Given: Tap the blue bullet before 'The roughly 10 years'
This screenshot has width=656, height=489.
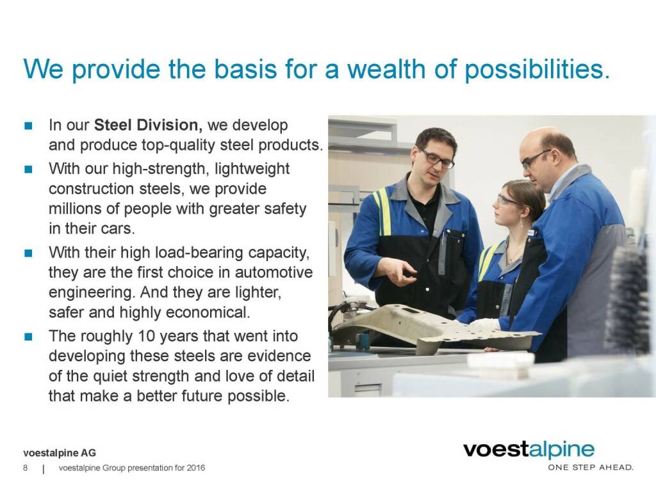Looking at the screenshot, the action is coord(28,337).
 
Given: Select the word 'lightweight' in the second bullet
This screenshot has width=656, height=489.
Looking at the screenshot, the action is coord(252,169).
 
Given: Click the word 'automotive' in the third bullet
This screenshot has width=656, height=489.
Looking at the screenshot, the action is coord(274,273).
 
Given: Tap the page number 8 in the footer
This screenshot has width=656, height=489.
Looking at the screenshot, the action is coord(26,468).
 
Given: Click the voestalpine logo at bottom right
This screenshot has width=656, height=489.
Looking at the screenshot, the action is coord(529,450).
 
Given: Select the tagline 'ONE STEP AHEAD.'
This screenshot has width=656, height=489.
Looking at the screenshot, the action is coord(590,467).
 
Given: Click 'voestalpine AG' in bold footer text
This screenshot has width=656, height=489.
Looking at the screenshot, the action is coord(60,453).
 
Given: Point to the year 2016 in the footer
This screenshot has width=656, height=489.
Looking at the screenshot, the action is coord(196,468).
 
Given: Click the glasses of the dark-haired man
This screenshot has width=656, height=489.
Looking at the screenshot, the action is coord(436,157).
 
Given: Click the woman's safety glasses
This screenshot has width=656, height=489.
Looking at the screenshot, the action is coord(506,200).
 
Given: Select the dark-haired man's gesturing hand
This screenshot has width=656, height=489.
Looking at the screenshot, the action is coord(399,271).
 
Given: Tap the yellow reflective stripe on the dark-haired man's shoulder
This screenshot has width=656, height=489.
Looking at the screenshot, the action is coord(384,212).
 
